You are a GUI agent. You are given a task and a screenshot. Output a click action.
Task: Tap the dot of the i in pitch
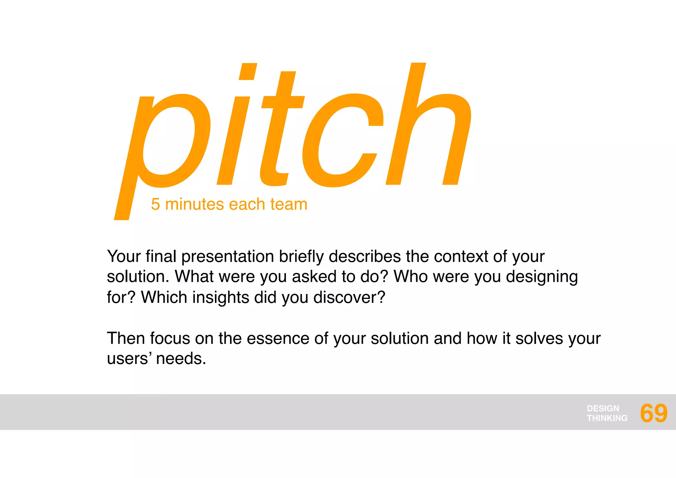coord(248,71)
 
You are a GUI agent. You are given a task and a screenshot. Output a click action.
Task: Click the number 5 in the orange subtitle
coord(155,204)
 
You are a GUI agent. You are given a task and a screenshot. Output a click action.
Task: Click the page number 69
coord(653,413)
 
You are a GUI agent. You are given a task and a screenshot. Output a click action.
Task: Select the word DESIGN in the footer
coord(603,408)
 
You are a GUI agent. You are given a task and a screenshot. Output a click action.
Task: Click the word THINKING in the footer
coord(607,418)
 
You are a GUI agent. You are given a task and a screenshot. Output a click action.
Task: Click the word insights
coord(220,297)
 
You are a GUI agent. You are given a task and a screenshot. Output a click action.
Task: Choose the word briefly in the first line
coord(301,257)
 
